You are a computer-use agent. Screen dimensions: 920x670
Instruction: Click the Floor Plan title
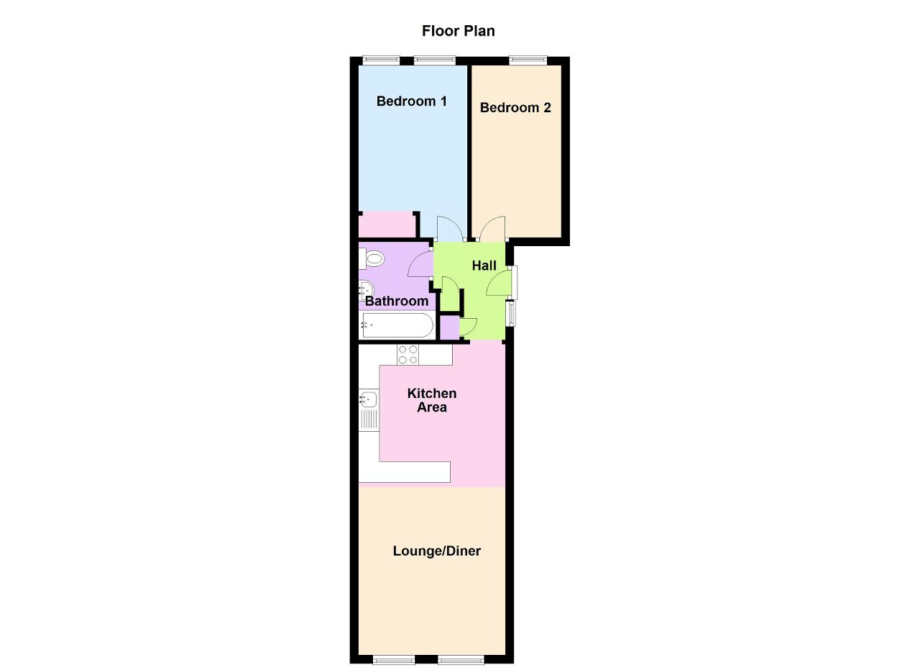click(459, 31)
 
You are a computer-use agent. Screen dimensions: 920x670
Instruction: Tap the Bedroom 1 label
click(412, 101)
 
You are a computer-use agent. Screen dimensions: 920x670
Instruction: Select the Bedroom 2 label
click(515, 108)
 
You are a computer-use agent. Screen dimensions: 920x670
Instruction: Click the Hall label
click(484, 266)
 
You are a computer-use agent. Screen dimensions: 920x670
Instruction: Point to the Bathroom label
click(397, 301)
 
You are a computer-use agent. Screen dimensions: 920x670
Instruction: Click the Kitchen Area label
click(432, 400)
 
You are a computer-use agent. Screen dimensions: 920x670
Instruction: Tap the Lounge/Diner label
click(436, 551)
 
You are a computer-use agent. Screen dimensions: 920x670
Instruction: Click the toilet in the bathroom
click(372, 259)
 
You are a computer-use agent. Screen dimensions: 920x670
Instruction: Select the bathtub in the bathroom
click(397, 325)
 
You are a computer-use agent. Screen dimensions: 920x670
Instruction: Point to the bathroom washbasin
click(366, 290)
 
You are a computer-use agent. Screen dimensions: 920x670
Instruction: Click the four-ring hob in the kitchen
click(408, 355)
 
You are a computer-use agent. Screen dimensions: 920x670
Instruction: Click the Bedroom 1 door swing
click(451, 229)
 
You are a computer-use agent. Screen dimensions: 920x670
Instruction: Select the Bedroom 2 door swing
click(493, 229)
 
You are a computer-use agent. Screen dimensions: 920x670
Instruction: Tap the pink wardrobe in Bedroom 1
click(386, 225)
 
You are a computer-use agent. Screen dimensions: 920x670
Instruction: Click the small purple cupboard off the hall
click(450, 327)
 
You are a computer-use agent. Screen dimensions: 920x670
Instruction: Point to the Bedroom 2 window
click(528, 60)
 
